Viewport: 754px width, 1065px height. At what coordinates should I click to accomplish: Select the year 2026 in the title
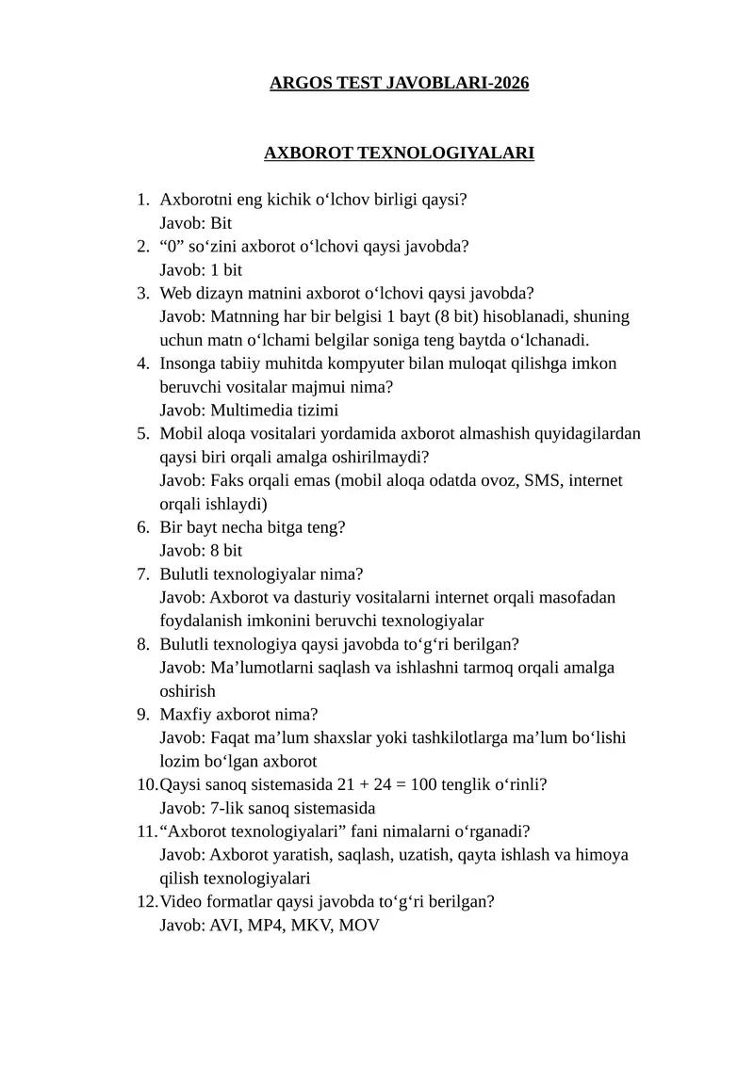508,83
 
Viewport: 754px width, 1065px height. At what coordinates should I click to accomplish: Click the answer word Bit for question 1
221,223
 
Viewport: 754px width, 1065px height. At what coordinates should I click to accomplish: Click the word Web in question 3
176,293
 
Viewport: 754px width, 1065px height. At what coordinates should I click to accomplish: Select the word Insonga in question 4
188,363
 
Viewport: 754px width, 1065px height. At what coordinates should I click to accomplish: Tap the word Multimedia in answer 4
251,410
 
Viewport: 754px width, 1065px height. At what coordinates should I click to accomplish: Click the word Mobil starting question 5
181,433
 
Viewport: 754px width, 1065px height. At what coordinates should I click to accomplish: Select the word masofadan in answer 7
582,597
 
